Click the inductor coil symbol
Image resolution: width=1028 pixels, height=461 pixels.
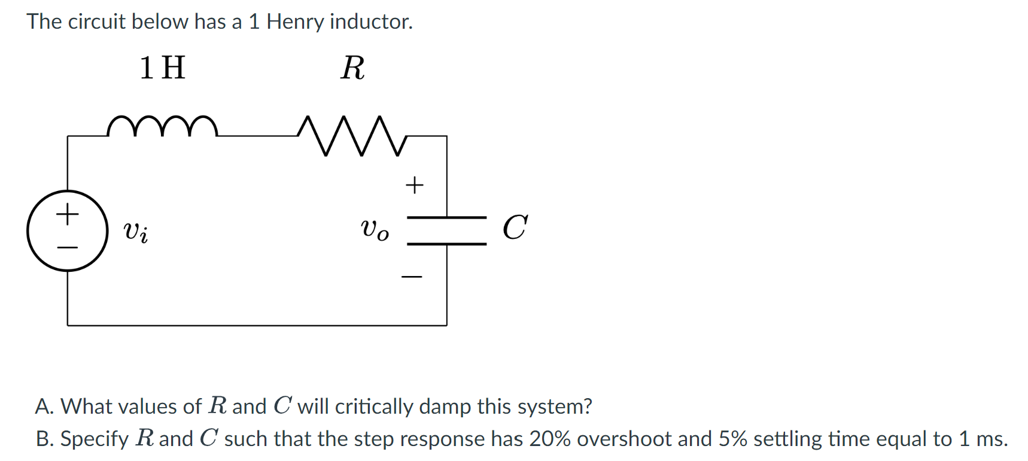tap(162, 126)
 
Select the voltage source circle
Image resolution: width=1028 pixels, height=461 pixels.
tap(68, 230)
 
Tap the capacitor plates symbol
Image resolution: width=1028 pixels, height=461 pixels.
tap(446, 230)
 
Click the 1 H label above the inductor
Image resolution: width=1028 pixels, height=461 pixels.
tap(162, 68)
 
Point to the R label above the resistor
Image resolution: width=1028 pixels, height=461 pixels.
tap(352, 68)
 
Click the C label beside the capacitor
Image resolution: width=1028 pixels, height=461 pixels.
tap(515, 228)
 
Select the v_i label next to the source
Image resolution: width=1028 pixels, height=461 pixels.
tap(136, 231)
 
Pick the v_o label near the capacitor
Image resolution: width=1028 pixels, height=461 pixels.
tap(375, 229)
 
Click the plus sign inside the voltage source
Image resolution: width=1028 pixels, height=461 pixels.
tap(68, 214)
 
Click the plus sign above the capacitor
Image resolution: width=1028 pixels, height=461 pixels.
tap(414, 185)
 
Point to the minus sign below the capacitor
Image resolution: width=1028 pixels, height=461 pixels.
tap(412, 277)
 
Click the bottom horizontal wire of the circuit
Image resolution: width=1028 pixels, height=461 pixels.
tap(257, 325)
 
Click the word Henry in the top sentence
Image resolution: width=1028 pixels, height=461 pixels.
tap(295, 22)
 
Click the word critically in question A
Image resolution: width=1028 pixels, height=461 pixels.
tap(374, 407)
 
